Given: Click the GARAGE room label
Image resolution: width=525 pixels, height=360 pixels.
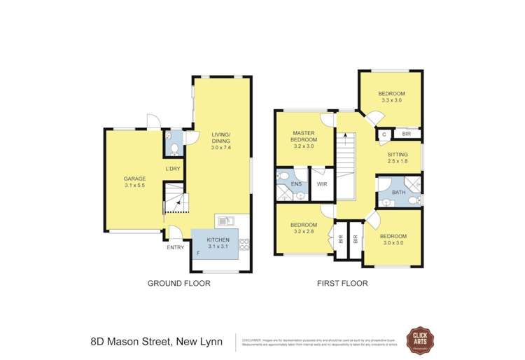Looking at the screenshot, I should coord(134,179).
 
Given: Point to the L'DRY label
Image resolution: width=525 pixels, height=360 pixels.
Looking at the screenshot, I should coord(173,169).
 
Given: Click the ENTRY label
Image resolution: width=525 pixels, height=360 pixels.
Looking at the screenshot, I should coord(175,247).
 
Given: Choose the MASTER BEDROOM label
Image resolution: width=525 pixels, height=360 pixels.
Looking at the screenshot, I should coord(304,136).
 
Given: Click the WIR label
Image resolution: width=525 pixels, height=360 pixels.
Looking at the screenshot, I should coord(322,184).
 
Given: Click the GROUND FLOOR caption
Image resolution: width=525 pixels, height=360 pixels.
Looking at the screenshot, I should coord(178,284).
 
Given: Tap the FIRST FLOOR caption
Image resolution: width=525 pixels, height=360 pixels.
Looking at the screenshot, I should coord(342,284).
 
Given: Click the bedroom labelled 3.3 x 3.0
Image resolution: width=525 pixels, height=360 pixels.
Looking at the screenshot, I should coord(391,97).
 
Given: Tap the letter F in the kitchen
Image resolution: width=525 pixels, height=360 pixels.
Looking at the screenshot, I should coord(198,252).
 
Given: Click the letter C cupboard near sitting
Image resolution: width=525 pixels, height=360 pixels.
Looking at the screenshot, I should coord(384,133).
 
